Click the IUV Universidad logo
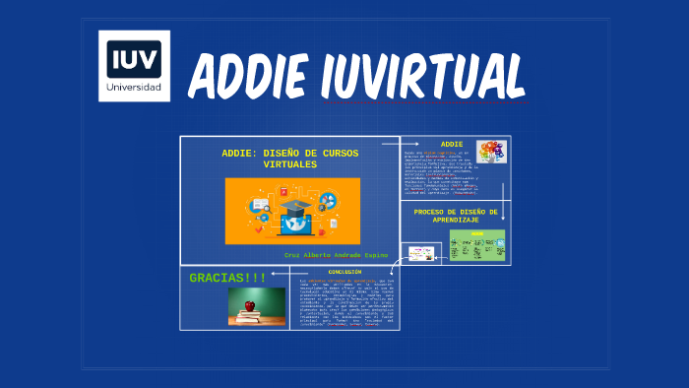pyautogui.click(x=135, y=65)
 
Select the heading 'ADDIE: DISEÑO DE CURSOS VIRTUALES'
pyautogui.click(x=290, y=159)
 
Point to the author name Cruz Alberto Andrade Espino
pyautogui.click(x=336, y=254)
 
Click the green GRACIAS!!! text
pyautogui.click(x=227, y=277)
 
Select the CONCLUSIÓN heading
pyautogui.click(x=344, y=272)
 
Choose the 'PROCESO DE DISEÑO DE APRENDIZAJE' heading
pyautogui.click(x=456, y=216)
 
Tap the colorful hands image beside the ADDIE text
pyautogui.click(x=491, y=152)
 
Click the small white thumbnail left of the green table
pyautogui.click(x=422, y=254)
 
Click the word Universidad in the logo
pyautogui.click(x=135, y=86)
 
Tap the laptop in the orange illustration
pyautogui.click(x=294, y=223)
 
